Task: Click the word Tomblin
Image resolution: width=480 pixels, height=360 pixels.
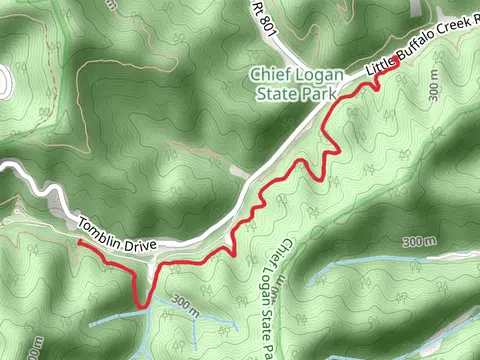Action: (101, 225)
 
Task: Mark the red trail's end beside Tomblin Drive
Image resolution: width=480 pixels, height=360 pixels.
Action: (79, 241)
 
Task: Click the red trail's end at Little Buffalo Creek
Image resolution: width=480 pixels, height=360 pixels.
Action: (397, 61)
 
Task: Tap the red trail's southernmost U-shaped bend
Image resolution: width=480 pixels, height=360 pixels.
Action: (141, 304)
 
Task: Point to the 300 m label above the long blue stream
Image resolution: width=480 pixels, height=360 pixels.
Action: (420, 243)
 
